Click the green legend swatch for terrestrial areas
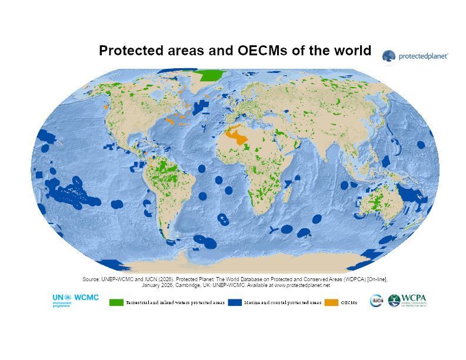click(116, 302)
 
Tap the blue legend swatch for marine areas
click(235, 302)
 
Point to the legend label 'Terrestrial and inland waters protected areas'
click(175, 302)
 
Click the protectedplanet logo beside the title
click(415, 56)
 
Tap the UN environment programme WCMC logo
click(75, 300)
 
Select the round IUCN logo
click(376, 301)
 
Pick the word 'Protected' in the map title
click(127, 51)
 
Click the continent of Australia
click(385, 204)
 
